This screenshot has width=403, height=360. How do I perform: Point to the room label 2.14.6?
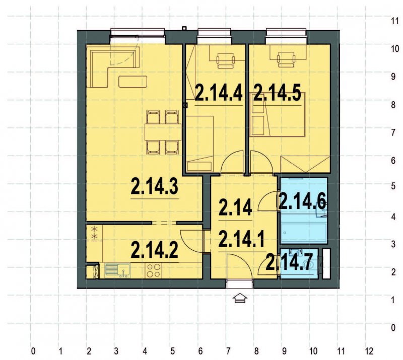point(302,202)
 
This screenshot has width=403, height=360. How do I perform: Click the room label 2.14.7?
point(292,262)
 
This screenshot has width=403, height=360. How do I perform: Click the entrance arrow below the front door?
point(240,298)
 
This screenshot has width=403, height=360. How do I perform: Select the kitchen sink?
point(117,270)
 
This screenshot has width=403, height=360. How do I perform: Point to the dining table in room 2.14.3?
point(162,132)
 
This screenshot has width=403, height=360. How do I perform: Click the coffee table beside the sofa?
point(132,81)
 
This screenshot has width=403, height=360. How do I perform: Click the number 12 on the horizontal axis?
point(369,350)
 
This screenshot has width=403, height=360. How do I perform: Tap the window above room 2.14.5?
point(287,34)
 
